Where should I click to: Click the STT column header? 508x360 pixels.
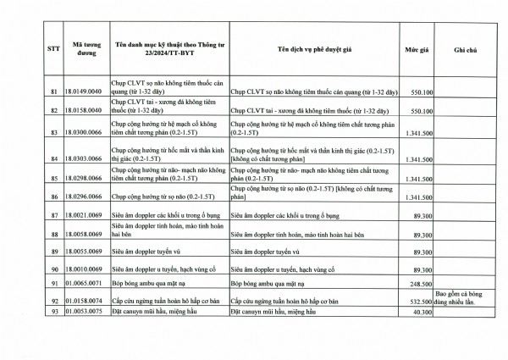53,51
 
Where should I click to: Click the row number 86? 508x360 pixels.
53,197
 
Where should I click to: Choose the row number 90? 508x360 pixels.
53,269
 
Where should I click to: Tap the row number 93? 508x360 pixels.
53,313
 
